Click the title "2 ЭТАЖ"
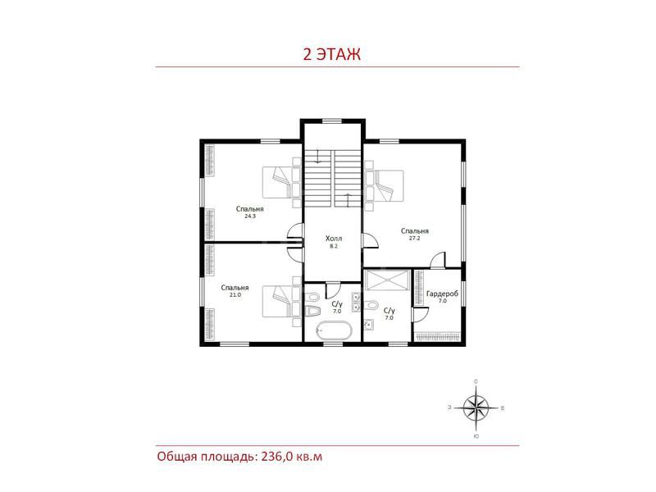[x=332, y=54]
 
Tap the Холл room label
[x=334, y=239]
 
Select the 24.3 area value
[x=250, y=216]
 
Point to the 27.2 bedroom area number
[x=414, y=238]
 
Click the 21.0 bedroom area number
[x=235, y=294]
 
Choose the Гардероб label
[x=442, y=294]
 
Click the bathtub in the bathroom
[x=334, y=330]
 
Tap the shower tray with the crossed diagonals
[x=387, y=280]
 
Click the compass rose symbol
[x=476, y=408]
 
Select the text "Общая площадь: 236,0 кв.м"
[x=239, y=456]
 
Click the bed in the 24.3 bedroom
[x=281, y=182]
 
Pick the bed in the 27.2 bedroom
[x=384, y=186]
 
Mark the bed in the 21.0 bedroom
[x=281, y=301]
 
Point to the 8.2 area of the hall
[x=334, y=246]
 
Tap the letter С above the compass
[x=476, y=381]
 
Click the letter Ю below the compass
[x=476, y=436]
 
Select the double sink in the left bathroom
[x=356, y=303]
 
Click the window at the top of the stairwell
[x=333, y=121]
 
